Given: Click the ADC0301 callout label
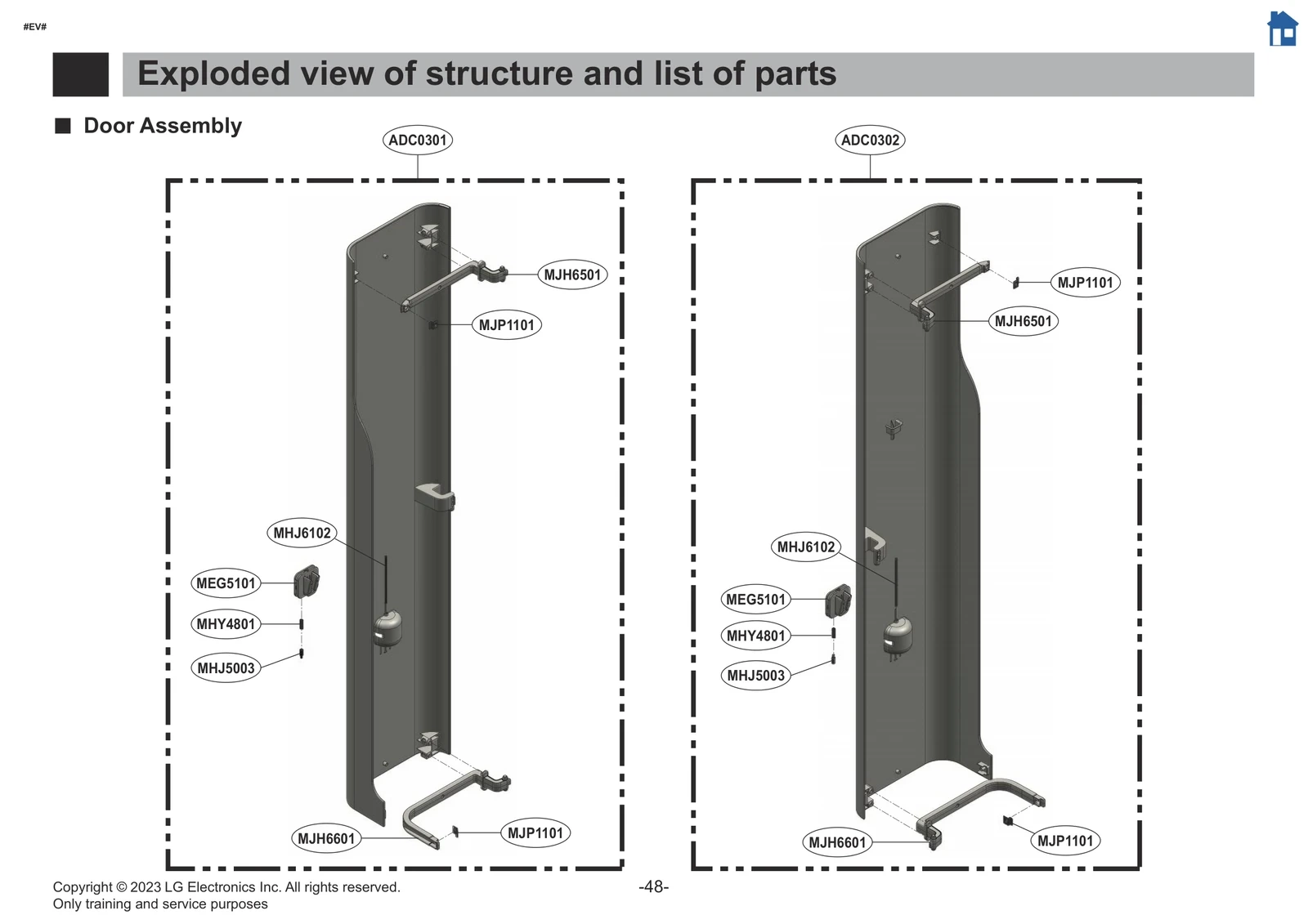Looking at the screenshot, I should click(x=417, y=140).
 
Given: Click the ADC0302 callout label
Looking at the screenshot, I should click(x=870, y=140).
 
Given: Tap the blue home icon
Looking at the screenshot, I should click(x=1282, y=29).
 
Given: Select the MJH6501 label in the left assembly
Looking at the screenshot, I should click(x=572, y=275).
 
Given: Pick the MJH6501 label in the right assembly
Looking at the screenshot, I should click(x=1023, y=321).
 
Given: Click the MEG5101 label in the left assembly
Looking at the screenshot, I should click(x=226, y=583).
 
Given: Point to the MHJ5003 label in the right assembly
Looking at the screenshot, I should click(x=755, y=676).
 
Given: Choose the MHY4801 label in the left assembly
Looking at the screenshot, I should click(x=226, y=624).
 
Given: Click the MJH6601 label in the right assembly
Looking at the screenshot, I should click(x=836, y=842).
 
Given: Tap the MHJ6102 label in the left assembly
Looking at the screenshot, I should click(x=302, y=533).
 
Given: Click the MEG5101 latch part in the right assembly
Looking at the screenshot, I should click(x=838, y=600).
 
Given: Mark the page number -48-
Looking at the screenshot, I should click(x=653, y=886).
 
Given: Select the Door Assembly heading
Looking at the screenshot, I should click(x=163, y=126).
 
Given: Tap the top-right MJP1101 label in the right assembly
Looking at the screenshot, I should click(x=1085, y=283).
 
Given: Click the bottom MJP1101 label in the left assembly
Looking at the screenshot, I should click(x=535, y=833).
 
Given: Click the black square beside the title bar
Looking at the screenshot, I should click(x=80, y=74).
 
